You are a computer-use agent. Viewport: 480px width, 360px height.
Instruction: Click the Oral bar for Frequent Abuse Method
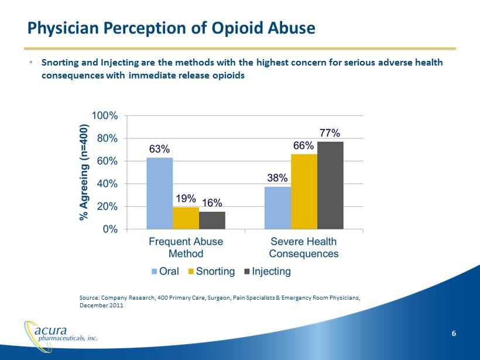(x=159, y=193)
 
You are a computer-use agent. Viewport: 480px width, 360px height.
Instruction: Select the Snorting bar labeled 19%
(x=186, y=218)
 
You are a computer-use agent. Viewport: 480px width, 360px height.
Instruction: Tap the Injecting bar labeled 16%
(x=212, y=220)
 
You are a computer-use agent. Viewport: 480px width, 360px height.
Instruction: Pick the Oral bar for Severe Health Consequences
(x=277, y=208)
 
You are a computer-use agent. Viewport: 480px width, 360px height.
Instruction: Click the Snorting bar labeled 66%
(x=304, y=191)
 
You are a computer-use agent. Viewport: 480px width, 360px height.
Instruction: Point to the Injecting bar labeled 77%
(x=330, y=185)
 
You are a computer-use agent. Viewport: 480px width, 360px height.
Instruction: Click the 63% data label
(x=159, y=149)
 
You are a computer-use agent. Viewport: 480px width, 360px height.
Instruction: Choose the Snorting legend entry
(x=211, y=272)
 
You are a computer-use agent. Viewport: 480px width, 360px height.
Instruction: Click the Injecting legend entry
(x=267, y=272)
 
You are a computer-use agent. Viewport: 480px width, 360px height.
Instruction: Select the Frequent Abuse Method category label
(x=186, y=248)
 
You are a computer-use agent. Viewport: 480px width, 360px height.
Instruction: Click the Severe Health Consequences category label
(x=303, y=248)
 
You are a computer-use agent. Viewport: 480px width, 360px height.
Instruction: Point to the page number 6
(x=454, y=333)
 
